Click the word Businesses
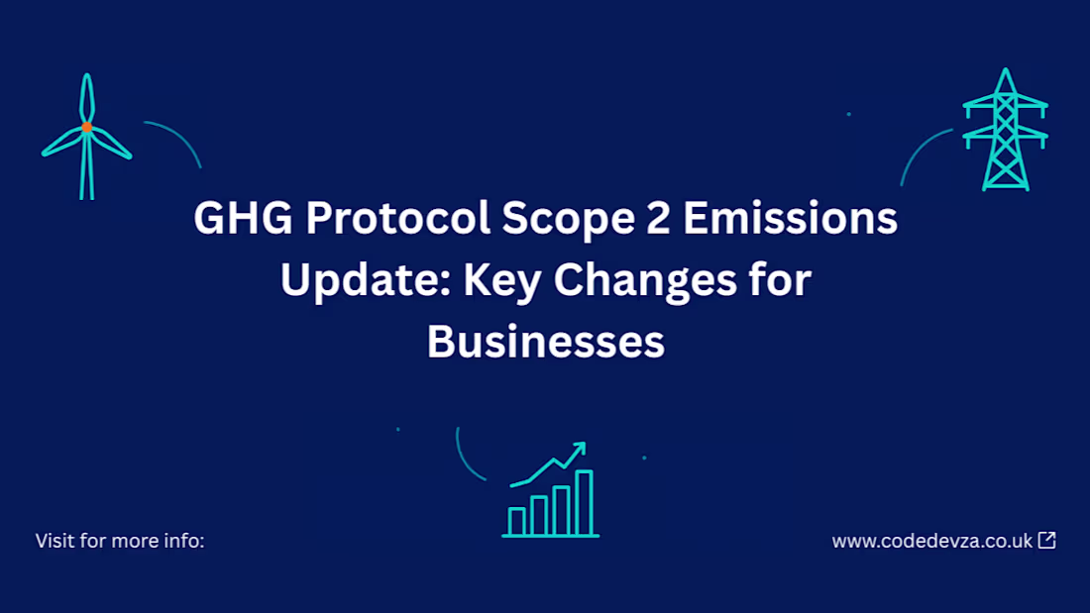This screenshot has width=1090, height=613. pyautogui.click(x=545, y=342)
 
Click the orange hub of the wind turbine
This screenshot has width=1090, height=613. pyautogui.click(x=87, y=127)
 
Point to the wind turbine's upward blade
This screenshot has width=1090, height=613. pyautogui.click(x=87, y=97)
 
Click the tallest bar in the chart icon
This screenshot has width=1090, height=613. pyautogui.click(x=585, y=502)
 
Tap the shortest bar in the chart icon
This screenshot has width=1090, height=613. pyautogui.click(x=516, y=521)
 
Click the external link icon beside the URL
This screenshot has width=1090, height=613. pyautogui.click(x=1046, y=541)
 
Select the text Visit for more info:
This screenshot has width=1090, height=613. pyautogui.click(x=120, y=541)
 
